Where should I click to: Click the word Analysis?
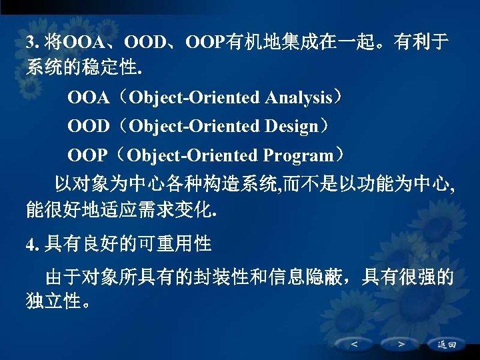click(298, 99)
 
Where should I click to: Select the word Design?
click(291, 127)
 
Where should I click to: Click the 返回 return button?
click(447, 344)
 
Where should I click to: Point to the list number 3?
click(29, 43)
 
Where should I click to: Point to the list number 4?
click(29, 245)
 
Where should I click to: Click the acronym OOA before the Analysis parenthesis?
click(88, 99)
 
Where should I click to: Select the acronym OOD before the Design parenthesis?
click(88, 127)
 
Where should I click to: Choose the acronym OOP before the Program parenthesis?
click(87, 156)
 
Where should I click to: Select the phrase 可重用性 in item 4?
click(174, 244)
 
